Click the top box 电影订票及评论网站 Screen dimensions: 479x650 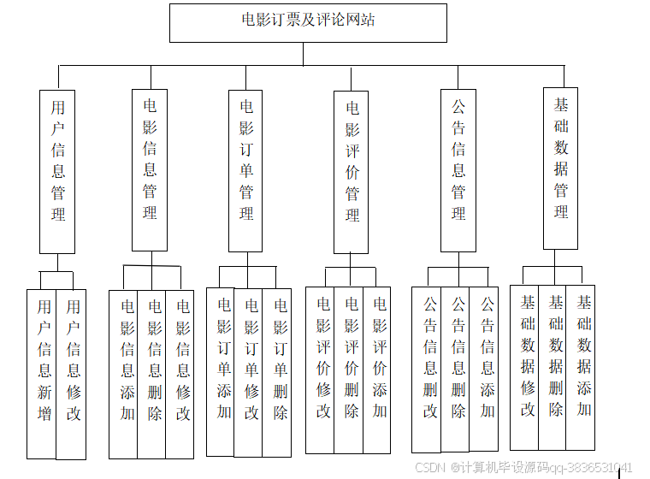308,22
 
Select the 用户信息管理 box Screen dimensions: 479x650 57,171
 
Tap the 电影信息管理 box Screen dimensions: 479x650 150,169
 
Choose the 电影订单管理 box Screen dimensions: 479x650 246,169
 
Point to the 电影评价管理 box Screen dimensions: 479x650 352,171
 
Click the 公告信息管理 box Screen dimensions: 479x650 458,169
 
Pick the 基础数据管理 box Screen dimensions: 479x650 561,168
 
